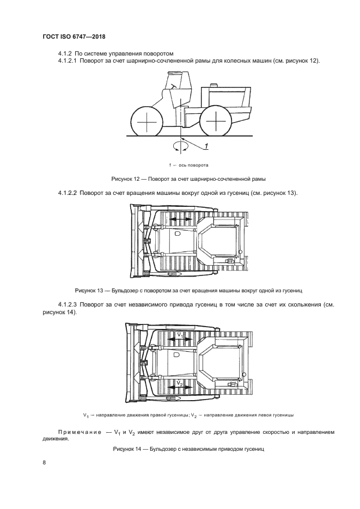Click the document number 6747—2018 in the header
point(89,36)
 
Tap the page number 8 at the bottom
point(44,463)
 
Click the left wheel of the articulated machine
point(147,122)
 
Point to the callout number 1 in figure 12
point(207,145)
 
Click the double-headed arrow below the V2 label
point(180,390)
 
